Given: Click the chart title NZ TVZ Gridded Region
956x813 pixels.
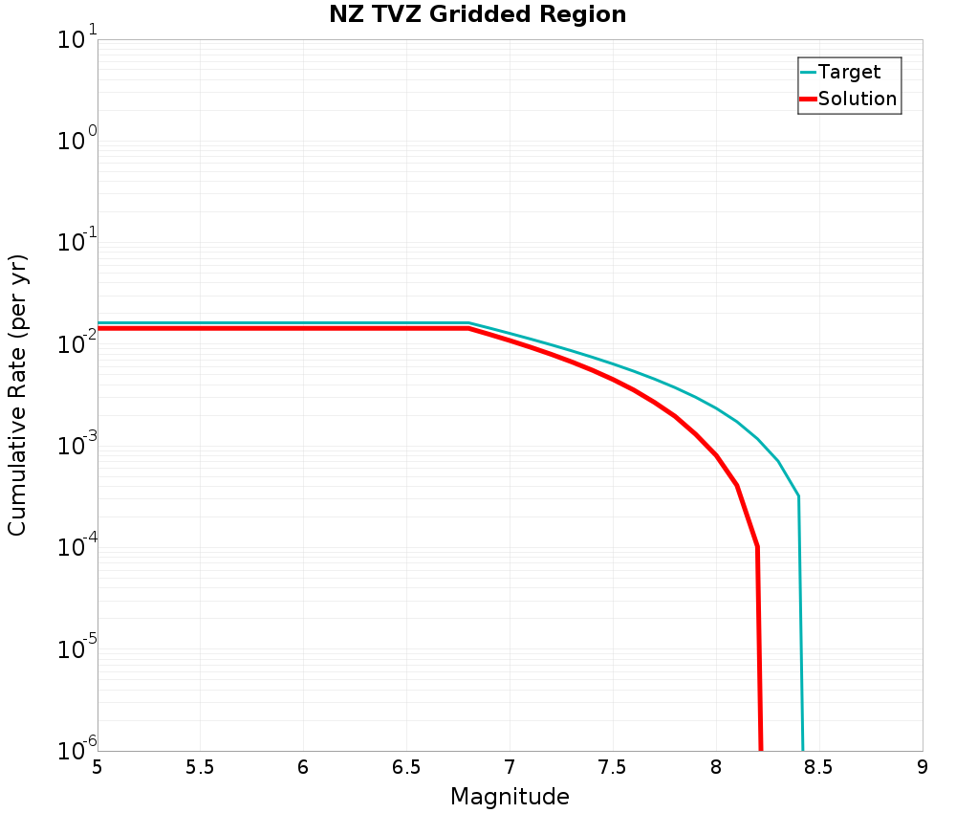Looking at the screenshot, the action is [477, 14].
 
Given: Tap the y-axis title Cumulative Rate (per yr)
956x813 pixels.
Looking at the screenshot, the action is [17, 395].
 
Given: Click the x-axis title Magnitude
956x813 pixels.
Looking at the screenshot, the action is [510, 797].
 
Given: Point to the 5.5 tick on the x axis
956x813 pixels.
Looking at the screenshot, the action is [200, 767].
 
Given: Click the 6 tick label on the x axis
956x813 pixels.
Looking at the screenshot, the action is [303, 767].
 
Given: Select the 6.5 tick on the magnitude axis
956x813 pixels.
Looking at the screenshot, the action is [406, 767].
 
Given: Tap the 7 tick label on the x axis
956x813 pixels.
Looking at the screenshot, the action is [510, 767].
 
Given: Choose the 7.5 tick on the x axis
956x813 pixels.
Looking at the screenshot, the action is [612, 767].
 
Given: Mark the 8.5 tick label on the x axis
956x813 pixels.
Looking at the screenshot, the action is [818, 767].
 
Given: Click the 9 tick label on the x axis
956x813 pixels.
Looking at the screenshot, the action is [922, 767].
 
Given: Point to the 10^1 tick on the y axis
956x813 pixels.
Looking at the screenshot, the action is [76, 39].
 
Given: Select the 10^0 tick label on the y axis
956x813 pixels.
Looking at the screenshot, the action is [76, 139].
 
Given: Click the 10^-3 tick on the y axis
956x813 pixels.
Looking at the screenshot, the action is [76, 444].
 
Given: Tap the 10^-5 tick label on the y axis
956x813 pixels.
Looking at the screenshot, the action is [76, 648].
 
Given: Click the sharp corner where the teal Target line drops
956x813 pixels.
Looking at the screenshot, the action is [798, 496].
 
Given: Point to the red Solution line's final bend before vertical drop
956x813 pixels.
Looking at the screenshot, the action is [757, 547].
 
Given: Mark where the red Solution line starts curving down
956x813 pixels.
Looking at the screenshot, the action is [468, 328].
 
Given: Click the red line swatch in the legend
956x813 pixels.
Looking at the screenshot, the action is [809, 99].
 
